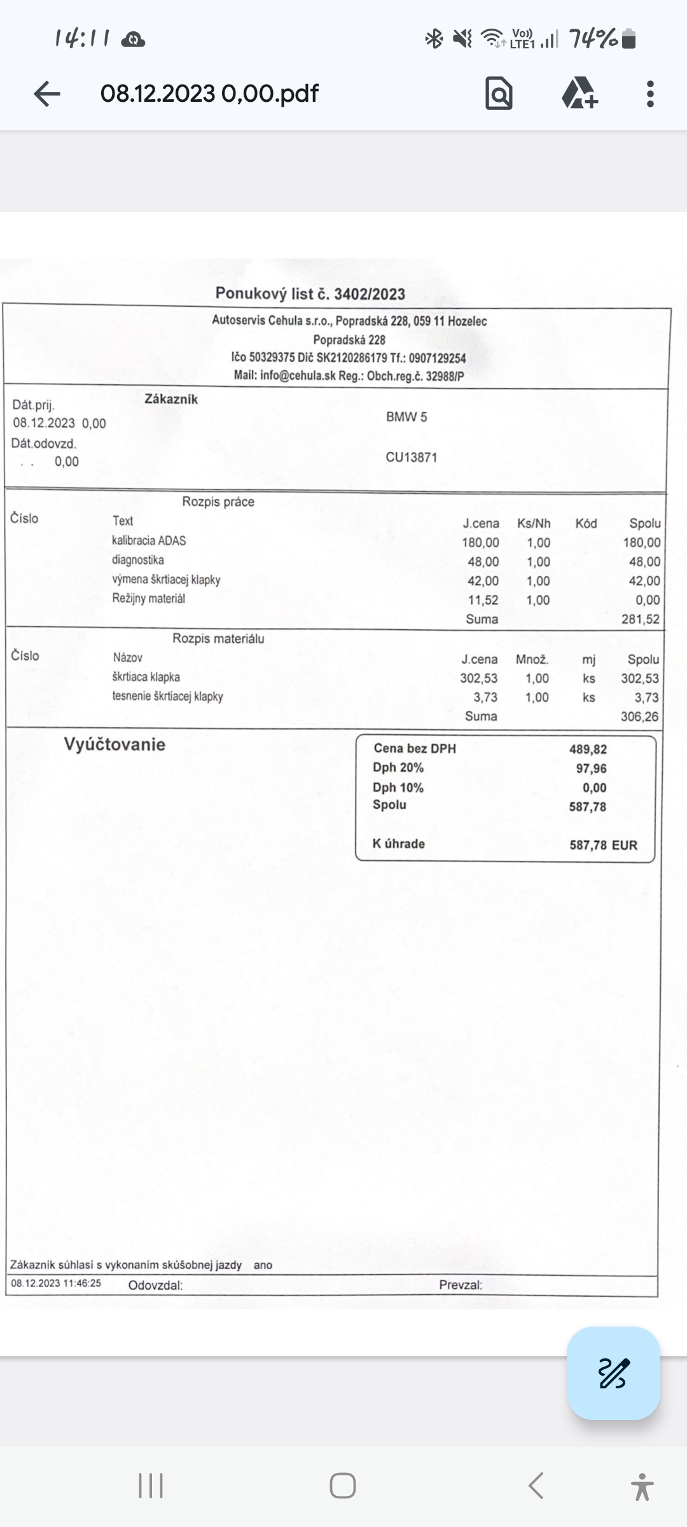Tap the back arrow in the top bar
[x=47, y=94]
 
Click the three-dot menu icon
[x=649, y=94]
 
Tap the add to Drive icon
[x=579, y=94]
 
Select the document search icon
[x=499, y=94]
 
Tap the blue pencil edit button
[x=613, y=1372]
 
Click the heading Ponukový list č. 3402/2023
[x=310, y=293]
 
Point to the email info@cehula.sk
[x=298, y=375]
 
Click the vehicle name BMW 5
[x=406, y=417]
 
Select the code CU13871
[x=412, y=457]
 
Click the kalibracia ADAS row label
[x=149, y=541]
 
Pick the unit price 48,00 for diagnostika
[x=483, y=562]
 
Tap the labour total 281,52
[x=641, y=619]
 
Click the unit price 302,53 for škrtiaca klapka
[x=479, y=678]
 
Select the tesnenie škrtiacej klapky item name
[x=168, y=696]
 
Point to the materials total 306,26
[x=639, y=716]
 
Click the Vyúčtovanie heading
[x=114, y=744]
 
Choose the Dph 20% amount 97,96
[x=591, y=769]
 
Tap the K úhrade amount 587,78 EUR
[x=602, y=845]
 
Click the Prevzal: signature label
[x=461, y=1285]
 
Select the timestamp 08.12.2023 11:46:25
[x=56, y=1283]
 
